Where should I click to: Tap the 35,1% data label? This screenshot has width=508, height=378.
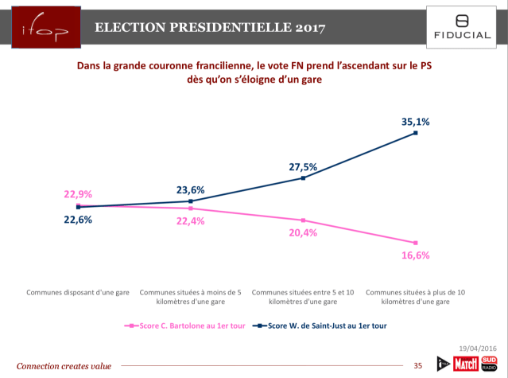(415, 122)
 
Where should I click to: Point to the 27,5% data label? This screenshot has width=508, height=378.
(303, 167)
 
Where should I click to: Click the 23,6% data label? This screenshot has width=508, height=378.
(191, 190)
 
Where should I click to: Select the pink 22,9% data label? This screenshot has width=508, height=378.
(78, 193)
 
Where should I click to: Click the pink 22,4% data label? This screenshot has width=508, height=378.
(191, 220)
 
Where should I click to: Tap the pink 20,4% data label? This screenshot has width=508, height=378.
(303, 232)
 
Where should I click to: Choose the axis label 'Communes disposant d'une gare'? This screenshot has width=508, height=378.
(77, 293)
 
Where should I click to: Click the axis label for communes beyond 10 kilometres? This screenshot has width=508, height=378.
(415, 298)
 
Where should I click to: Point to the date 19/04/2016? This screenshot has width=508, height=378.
(477, 349)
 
